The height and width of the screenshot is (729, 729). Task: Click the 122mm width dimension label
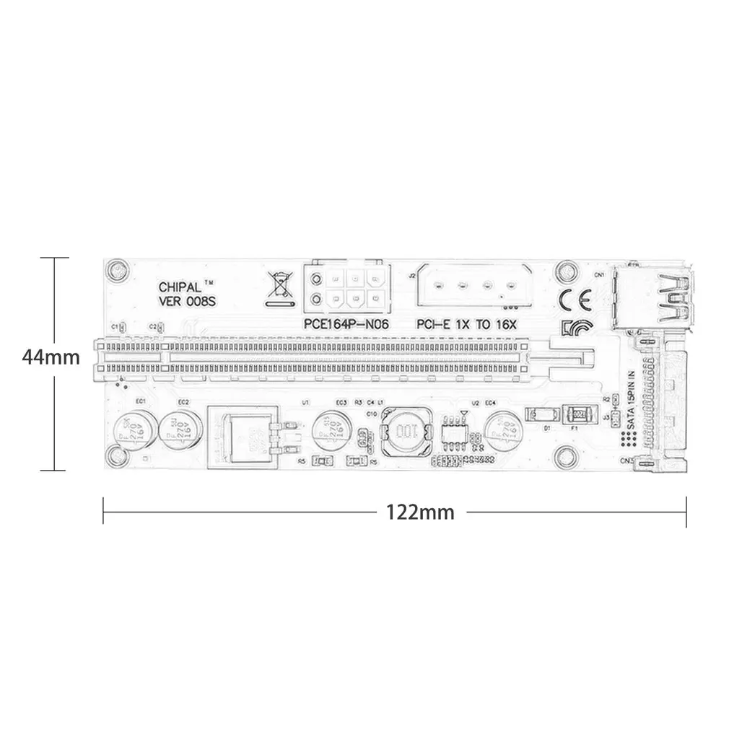[420, 512]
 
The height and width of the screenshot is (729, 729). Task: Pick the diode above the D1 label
[541, 414]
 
